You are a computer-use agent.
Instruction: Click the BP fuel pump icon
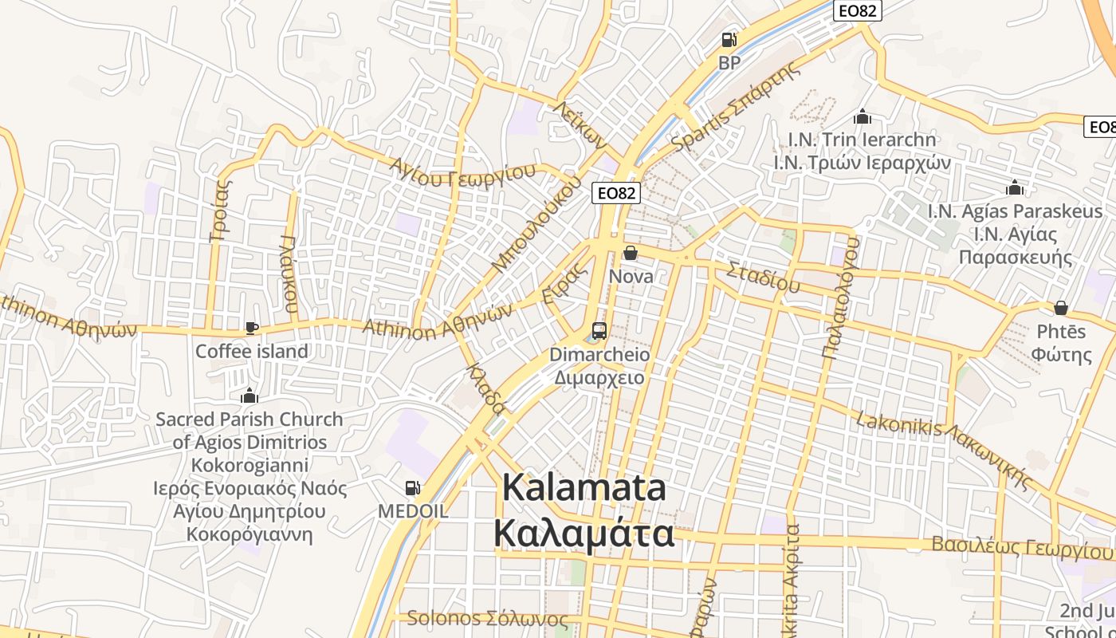pyautogui.click(x=729, y=39)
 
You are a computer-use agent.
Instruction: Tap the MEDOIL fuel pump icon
pyautogui.click(x=413, y=487)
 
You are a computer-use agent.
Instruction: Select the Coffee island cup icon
pyautogui.click(x=252, y=328)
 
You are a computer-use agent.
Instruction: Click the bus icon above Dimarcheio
pyautogui.click(x=599, y=330)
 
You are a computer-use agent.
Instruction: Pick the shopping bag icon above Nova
pyautogui.click(x=631, y=253)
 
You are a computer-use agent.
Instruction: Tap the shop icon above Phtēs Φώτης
pyautogui.click(x=1061, y=308)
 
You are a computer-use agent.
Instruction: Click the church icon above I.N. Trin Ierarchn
pyautogui.click(x=862, y=117)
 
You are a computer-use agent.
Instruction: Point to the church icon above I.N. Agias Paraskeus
pyautogui.click(x=1015, y=188)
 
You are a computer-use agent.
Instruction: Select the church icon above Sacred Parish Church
pyautogui.click(x=250, y=396)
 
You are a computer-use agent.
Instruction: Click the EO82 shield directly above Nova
pyautogui.click(x=617, y=192)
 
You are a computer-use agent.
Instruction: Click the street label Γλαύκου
pyautogui.click(x=290, y=274)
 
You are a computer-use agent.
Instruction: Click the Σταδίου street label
pyautogui.click(x=763, y=276)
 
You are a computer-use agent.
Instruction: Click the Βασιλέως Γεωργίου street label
pyautogui.click(x=1022, y=548)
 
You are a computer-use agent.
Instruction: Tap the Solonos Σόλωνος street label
pyautogui.click(x=488, y=619)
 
